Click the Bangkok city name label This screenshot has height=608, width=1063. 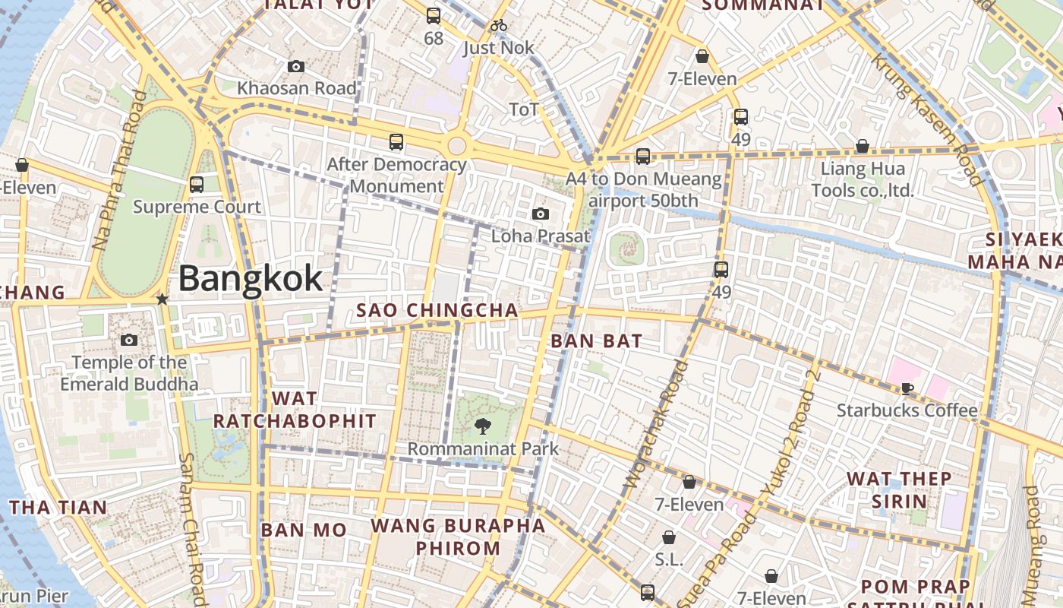251,279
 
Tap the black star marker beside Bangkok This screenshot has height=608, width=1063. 162,299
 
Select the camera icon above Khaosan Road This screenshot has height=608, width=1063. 296,67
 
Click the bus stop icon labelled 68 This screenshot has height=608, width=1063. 434,15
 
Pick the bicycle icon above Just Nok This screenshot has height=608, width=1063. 498,25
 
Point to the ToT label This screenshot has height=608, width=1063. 524,109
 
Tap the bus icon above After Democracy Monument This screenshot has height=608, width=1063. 396,141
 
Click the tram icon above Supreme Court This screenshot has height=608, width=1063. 197,184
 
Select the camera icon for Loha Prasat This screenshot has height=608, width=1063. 541,214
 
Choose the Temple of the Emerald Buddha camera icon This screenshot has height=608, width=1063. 129,340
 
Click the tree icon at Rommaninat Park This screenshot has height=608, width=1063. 482,426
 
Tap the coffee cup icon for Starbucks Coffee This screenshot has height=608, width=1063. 907,389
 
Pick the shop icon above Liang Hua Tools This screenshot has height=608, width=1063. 863,146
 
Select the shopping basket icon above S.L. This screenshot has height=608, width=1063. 669,537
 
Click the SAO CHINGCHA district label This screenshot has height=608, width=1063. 437,310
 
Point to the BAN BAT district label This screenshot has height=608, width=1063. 596,341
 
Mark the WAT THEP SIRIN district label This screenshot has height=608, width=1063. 899,489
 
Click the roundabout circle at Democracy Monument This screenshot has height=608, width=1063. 456,146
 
